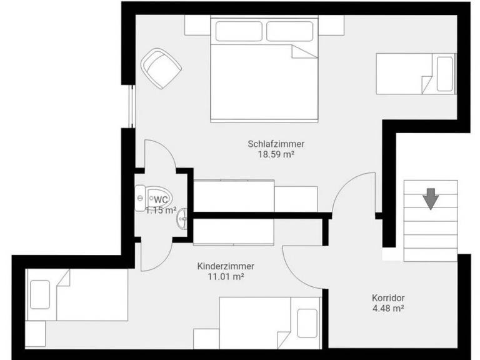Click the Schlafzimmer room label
[276, 144]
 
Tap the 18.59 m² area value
[276, 154]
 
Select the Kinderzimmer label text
[226, 266]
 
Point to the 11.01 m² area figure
[226, 277]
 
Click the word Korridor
[388, 298]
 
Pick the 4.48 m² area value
[388, 308]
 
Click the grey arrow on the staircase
[431, 199]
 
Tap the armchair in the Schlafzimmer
[161, 69]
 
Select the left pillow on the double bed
[239, 31]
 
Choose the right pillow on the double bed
[290, 31]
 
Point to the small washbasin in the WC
[182, 218]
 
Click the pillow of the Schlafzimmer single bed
[445, 74]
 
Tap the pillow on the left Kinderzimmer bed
[40, 294]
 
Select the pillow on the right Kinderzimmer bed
[307, 323]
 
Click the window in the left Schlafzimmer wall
[132, 106]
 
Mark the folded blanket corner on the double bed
[304, 51]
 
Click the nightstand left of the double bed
[197, 25]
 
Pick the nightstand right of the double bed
[331, 25]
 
